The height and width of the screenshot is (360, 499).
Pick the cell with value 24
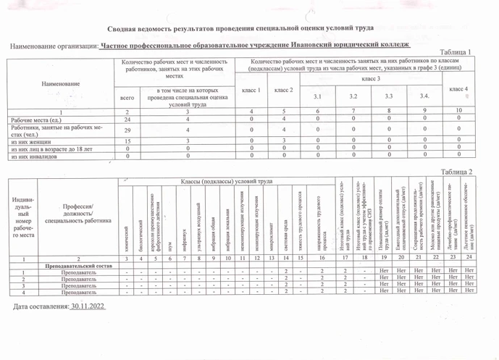[127, 118]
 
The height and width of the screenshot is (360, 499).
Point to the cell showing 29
[127, 129]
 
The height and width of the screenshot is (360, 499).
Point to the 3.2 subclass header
[353, 96]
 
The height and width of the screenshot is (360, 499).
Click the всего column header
[127, 96]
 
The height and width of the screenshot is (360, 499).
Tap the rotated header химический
[125, 232]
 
